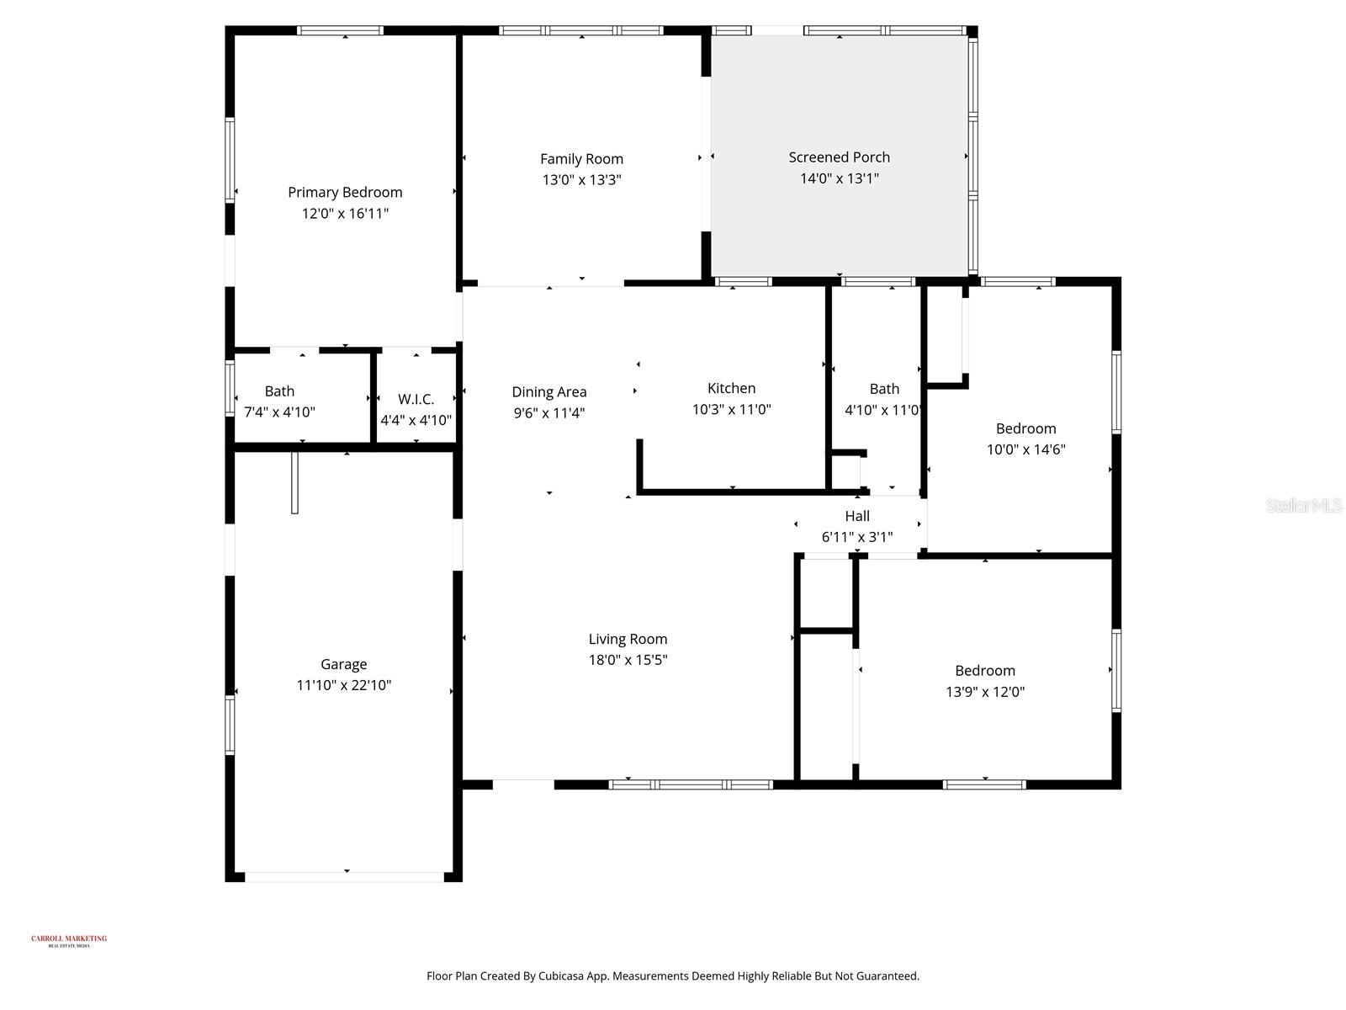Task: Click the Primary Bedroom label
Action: pyautogui.click(x=345, y=192)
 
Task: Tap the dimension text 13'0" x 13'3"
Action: pyautogui.click(x=581, y=179)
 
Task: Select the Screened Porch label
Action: pyautogui.click(x=839, y=157)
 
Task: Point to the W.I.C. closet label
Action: pyautogui.click(x=416, y=399)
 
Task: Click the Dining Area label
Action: pyautogui.click(x=549, y=391)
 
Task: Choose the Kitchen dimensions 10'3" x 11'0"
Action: pyautogui.click(x=731, y=409)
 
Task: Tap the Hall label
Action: pyautogui.click(x=857, y=516)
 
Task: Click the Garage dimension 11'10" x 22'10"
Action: pyautogui.click(x=343, y=685)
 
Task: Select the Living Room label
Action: pyautogui.click(x=628, y=639)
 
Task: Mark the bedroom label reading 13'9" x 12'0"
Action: pyautogui.click(x=985, y=671)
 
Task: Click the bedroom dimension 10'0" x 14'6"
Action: pyautogui.click(x=1025, y=449)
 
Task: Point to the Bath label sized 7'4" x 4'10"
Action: pyautogui.click(x=279, y=391)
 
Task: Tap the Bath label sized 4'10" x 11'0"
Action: pyautogui.click(x=883, y=389)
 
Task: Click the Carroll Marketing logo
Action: pyautogui.click(x=69, y=940)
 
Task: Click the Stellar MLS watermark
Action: pyautogui.click(x=1303, y=506)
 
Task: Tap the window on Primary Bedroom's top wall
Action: pyautogui.click(x=340, y=31)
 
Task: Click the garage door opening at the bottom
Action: pyautogui.click(x=344, y=876)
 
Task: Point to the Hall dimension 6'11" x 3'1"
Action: pyautogui.click(x=857, y=537)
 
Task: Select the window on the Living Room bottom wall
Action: pyautogui.click(x=690, y=784)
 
